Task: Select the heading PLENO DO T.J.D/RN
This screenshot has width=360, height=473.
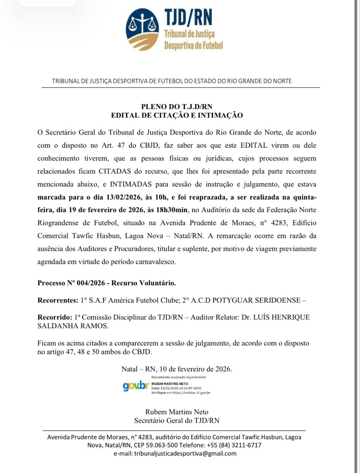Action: (177, 107)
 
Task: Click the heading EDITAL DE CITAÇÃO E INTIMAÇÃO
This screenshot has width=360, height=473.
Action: (177, 115)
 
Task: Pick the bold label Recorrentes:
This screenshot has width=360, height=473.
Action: (58, 300)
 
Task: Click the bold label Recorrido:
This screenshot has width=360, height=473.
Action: (55, 317)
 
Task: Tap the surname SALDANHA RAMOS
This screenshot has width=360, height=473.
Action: (73, 326)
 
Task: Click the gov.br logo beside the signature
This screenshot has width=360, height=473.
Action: (136, 386)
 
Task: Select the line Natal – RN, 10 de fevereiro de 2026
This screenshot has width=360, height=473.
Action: (177, 369)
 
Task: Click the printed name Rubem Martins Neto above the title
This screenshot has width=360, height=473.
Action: (177, 412)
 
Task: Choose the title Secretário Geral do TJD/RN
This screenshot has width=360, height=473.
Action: (177, 420)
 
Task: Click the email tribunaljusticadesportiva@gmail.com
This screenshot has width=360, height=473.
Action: (185, 453)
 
